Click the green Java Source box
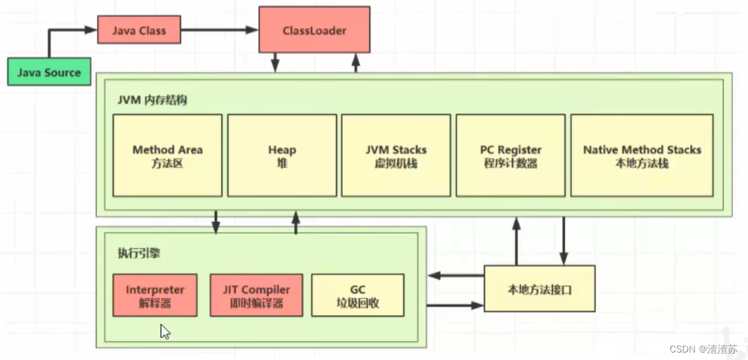[49, 72]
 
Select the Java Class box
[139, 31]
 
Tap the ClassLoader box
[314, 31]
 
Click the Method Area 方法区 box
[167, 156]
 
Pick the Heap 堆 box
[282, 156]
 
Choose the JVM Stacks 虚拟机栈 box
[396, 156]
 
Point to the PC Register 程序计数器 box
[510, 156]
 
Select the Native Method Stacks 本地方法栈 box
[642, 156]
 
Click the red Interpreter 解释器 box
[155, 295]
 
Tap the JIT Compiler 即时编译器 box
[256, 295]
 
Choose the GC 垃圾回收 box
[358, 295]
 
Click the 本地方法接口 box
[539, 289]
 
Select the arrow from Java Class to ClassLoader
[219, 31]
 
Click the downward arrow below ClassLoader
[275, 63]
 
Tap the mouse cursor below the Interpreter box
[165, 331]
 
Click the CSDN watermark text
[703, 348]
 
